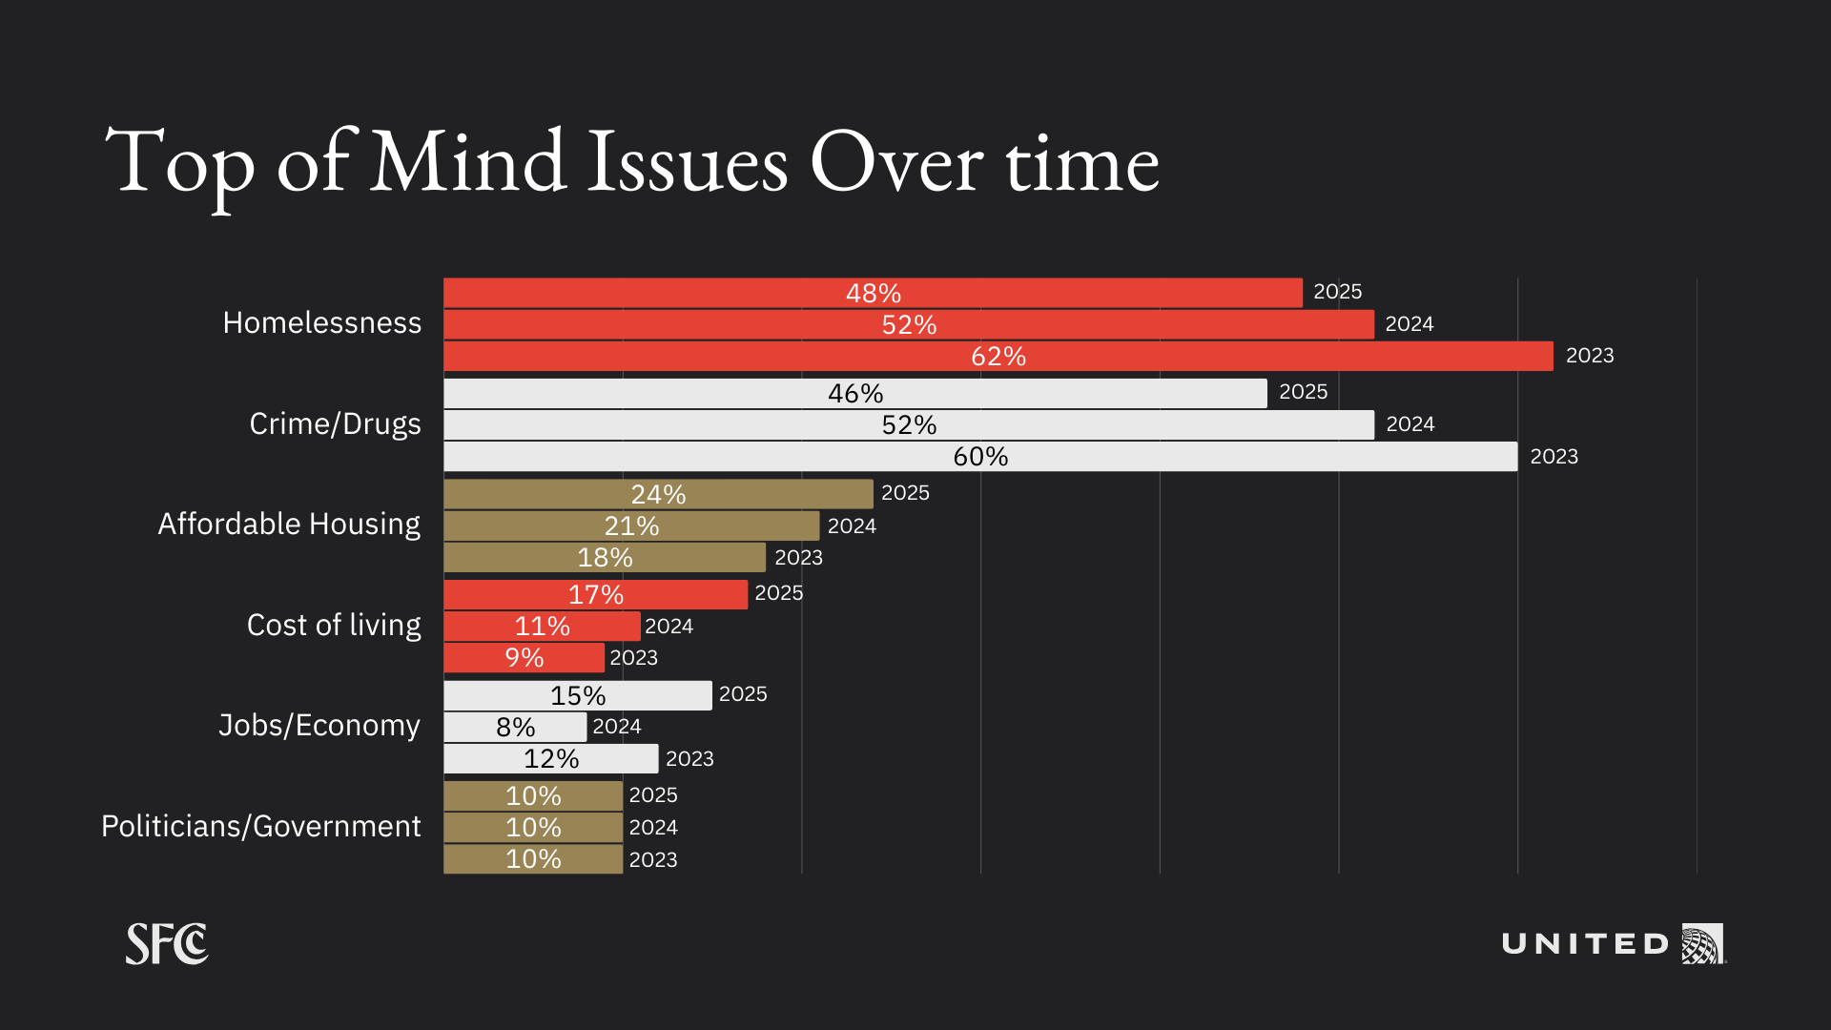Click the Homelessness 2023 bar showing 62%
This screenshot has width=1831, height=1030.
(x=998, y=357)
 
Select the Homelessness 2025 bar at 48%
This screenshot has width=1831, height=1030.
(x=873, y=293)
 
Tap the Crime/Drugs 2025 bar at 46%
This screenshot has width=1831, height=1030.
(x=855, y=393)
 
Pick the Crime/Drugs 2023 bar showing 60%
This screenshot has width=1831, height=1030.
(x=980, y=456)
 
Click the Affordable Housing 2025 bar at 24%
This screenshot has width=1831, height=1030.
(x=658, y=494)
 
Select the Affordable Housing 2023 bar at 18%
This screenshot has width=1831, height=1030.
(x=605, y=557)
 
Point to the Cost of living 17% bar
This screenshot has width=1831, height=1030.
(x=595, y=594)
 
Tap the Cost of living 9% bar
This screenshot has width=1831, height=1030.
(x=524, y=657)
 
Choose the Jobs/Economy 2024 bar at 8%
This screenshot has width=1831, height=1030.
(x=515, y=727)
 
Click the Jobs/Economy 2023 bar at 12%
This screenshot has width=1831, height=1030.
(x=550, y=758)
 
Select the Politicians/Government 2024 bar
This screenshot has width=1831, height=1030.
(x=533, y=827)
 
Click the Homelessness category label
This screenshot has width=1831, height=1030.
(x=321, y=323)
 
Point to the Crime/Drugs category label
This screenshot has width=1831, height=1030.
(x=335, y=423)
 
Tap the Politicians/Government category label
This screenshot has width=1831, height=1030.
(x=260, y=826)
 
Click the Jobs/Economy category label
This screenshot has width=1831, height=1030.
(x=319, y=725)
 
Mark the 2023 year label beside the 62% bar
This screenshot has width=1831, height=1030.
(x=1590, y=356)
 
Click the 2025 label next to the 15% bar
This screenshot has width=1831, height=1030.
(x=743, y=694)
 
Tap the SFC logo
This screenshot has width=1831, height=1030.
(x=167, y=944)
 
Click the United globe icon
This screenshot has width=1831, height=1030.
(x=1702, y=944)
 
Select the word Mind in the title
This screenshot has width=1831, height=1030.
(x=467, y=162)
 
